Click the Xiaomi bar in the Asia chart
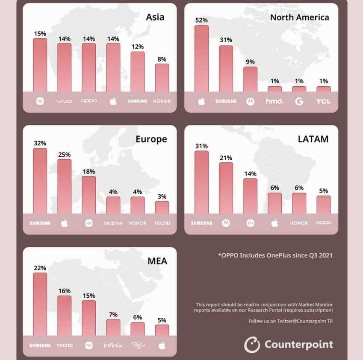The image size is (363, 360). point(40,65)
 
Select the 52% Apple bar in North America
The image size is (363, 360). point(201,59)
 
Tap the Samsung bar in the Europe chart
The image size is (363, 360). point(40,181)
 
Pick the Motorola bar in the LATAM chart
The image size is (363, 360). point(226,188)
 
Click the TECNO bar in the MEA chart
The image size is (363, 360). point(64,315)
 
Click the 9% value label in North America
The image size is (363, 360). point(251,62)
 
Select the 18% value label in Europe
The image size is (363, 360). point(89,172)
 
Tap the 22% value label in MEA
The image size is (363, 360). point(40,268)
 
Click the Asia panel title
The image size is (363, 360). point(155,17)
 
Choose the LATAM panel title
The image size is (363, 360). point(314,139)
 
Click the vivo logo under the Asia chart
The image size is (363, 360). point(64,101)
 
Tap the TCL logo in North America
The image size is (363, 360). point(324,101)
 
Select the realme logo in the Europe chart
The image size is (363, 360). point(113,223)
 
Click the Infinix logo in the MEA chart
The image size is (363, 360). point(113,345)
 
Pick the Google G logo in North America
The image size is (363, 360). point(299,101)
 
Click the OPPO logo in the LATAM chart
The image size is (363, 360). point(324,222)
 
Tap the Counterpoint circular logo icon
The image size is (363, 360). point(252,344)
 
